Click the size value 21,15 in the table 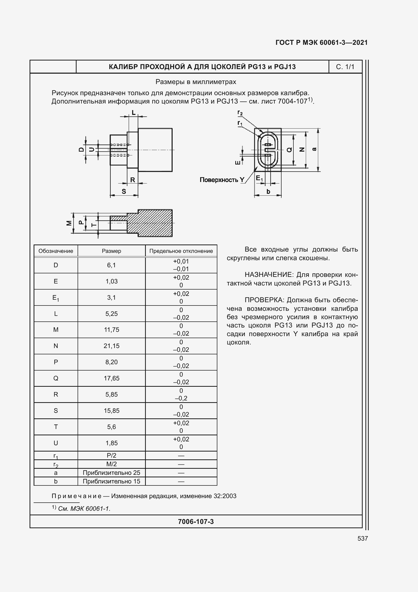(x=111, y=346)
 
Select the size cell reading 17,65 (x=111, y=378)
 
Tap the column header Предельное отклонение (x=181, y=251)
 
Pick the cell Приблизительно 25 (x=111, y=473)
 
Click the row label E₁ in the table (x=56, y=298)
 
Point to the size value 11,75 (x=111, y=330)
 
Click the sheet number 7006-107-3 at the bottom (x=196, y=522)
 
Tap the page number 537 (x=362, y=538)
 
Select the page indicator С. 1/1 (x=345, y=67)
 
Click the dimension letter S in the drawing (x=124, y=192)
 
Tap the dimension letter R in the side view (x=133, y=180)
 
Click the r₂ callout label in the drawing (x=240, y=113)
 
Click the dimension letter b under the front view (x=268, y=192)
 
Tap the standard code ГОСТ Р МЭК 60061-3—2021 (x=321, y=43)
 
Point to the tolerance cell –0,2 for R (x=181, y=398)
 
